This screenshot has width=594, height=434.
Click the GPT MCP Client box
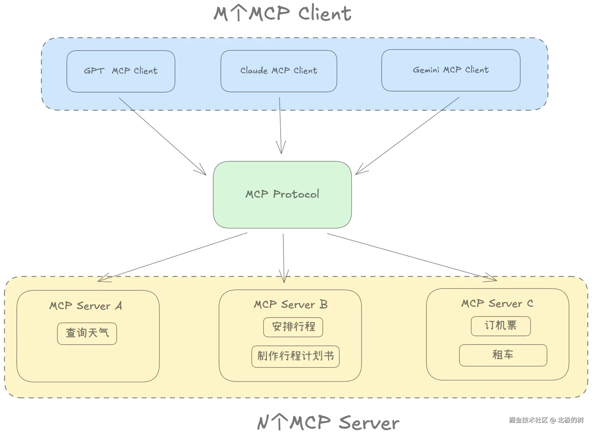[x=121, y=71]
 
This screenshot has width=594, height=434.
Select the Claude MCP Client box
[x=279, y=71]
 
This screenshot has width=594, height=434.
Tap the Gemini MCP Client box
[x=451, y=70]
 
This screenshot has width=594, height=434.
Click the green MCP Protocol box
[x=283, y=195]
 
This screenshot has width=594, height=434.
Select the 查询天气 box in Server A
[x=87, y=334]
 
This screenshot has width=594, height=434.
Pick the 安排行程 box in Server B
[x=293, y=327]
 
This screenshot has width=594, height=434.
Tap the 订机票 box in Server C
[x=501, y=326]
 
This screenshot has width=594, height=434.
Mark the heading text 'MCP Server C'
[x=498, y=304]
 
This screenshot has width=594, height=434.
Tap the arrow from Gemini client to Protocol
[x=407, y=136]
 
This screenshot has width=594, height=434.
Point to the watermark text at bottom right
[x=546, y=420]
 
